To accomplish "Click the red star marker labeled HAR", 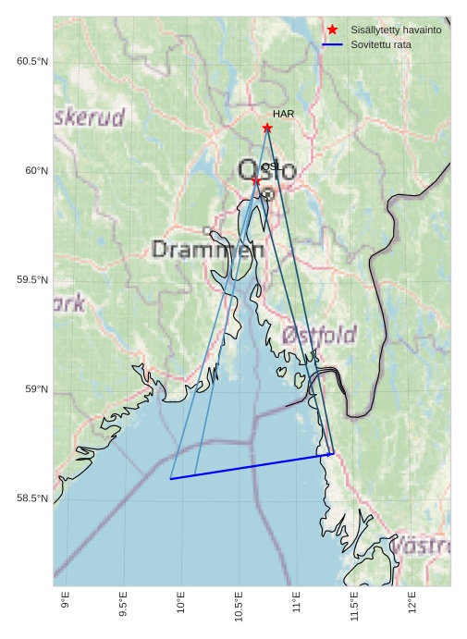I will coord(267,128).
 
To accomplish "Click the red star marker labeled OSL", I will coord(256,180).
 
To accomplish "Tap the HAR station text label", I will coord(283,114).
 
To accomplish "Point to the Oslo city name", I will coord(266,171).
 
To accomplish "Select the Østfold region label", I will coord(319,335).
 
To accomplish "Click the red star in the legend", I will coord(332,30).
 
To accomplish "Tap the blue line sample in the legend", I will coord(332,44).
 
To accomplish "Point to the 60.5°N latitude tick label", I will coord(31,61).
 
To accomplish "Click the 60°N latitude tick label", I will coord(35,170).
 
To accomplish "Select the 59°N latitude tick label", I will coord(35,389).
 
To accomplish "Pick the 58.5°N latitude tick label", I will coord(31,498).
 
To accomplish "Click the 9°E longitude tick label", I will coord(65,601).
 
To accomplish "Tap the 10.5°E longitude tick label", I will coord(239,606).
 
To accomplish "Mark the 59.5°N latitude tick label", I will coord(31,280).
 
